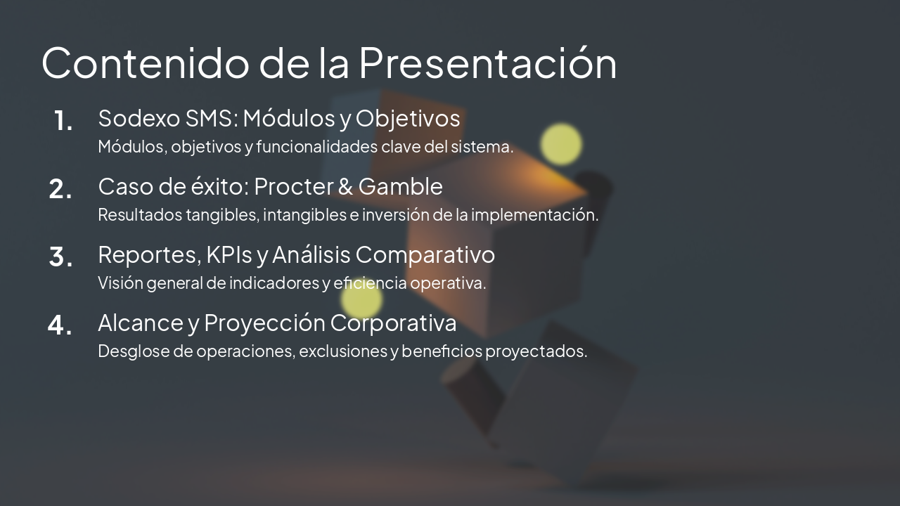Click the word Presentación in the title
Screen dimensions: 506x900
487,63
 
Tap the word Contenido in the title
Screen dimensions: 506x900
145,63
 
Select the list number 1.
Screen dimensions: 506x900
63,122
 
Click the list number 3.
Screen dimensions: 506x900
60,258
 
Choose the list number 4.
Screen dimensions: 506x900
60,325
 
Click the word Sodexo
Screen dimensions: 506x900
139,118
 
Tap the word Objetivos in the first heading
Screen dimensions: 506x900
408,118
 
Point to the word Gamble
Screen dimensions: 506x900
401,186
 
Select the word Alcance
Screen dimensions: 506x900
140,323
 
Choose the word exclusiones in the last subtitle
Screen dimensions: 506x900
343,351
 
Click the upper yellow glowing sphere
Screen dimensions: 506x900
561,144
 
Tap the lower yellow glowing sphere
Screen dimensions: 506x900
361,301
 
